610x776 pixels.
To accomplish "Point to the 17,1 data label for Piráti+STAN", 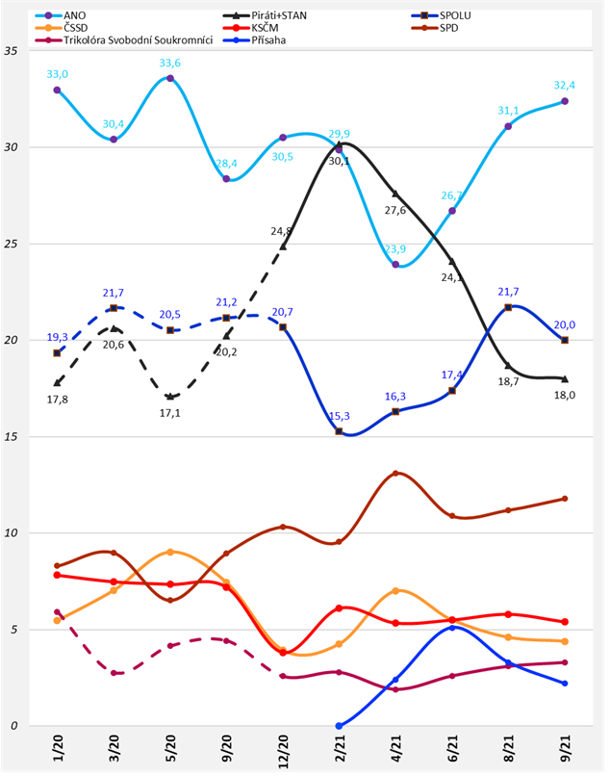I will (169, 412).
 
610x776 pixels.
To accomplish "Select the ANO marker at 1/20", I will (58, 90).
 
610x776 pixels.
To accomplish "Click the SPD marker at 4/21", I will (395, 474).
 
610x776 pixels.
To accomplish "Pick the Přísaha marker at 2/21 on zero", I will (340, 726).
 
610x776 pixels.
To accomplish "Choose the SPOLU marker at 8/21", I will (508, 307).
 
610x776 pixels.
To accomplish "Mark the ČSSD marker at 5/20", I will (170, 552).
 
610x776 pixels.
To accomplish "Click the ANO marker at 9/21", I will (565, 101).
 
